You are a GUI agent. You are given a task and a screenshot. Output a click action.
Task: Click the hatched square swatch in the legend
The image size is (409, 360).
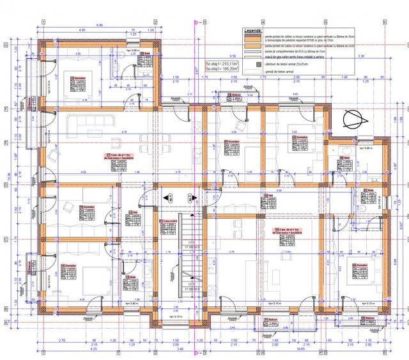click(259, 64)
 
